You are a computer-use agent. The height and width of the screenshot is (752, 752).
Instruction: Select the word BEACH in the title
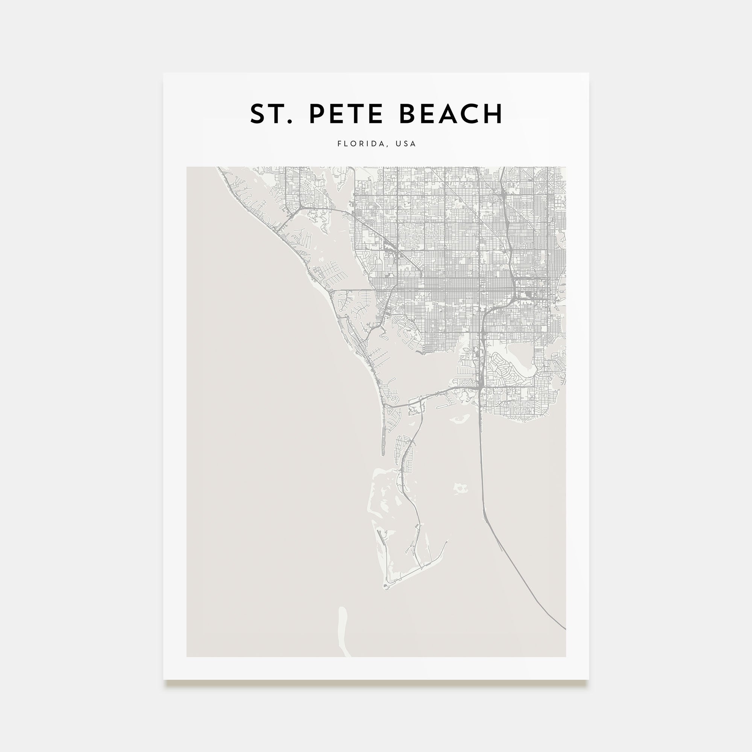(x=451, y=114)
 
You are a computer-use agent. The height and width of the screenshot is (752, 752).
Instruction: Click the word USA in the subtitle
(x=406, y=144)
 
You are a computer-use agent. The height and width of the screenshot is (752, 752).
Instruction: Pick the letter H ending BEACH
(x=493, y=114)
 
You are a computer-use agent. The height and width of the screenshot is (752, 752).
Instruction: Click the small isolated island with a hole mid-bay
(x=461, y=488)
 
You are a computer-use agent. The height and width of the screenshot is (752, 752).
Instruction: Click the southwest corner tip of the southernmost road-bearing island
(x=386, y=598)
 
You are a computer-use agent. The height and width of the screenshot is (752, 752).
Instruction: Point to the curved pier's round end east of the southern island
(x=447, y=541)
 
